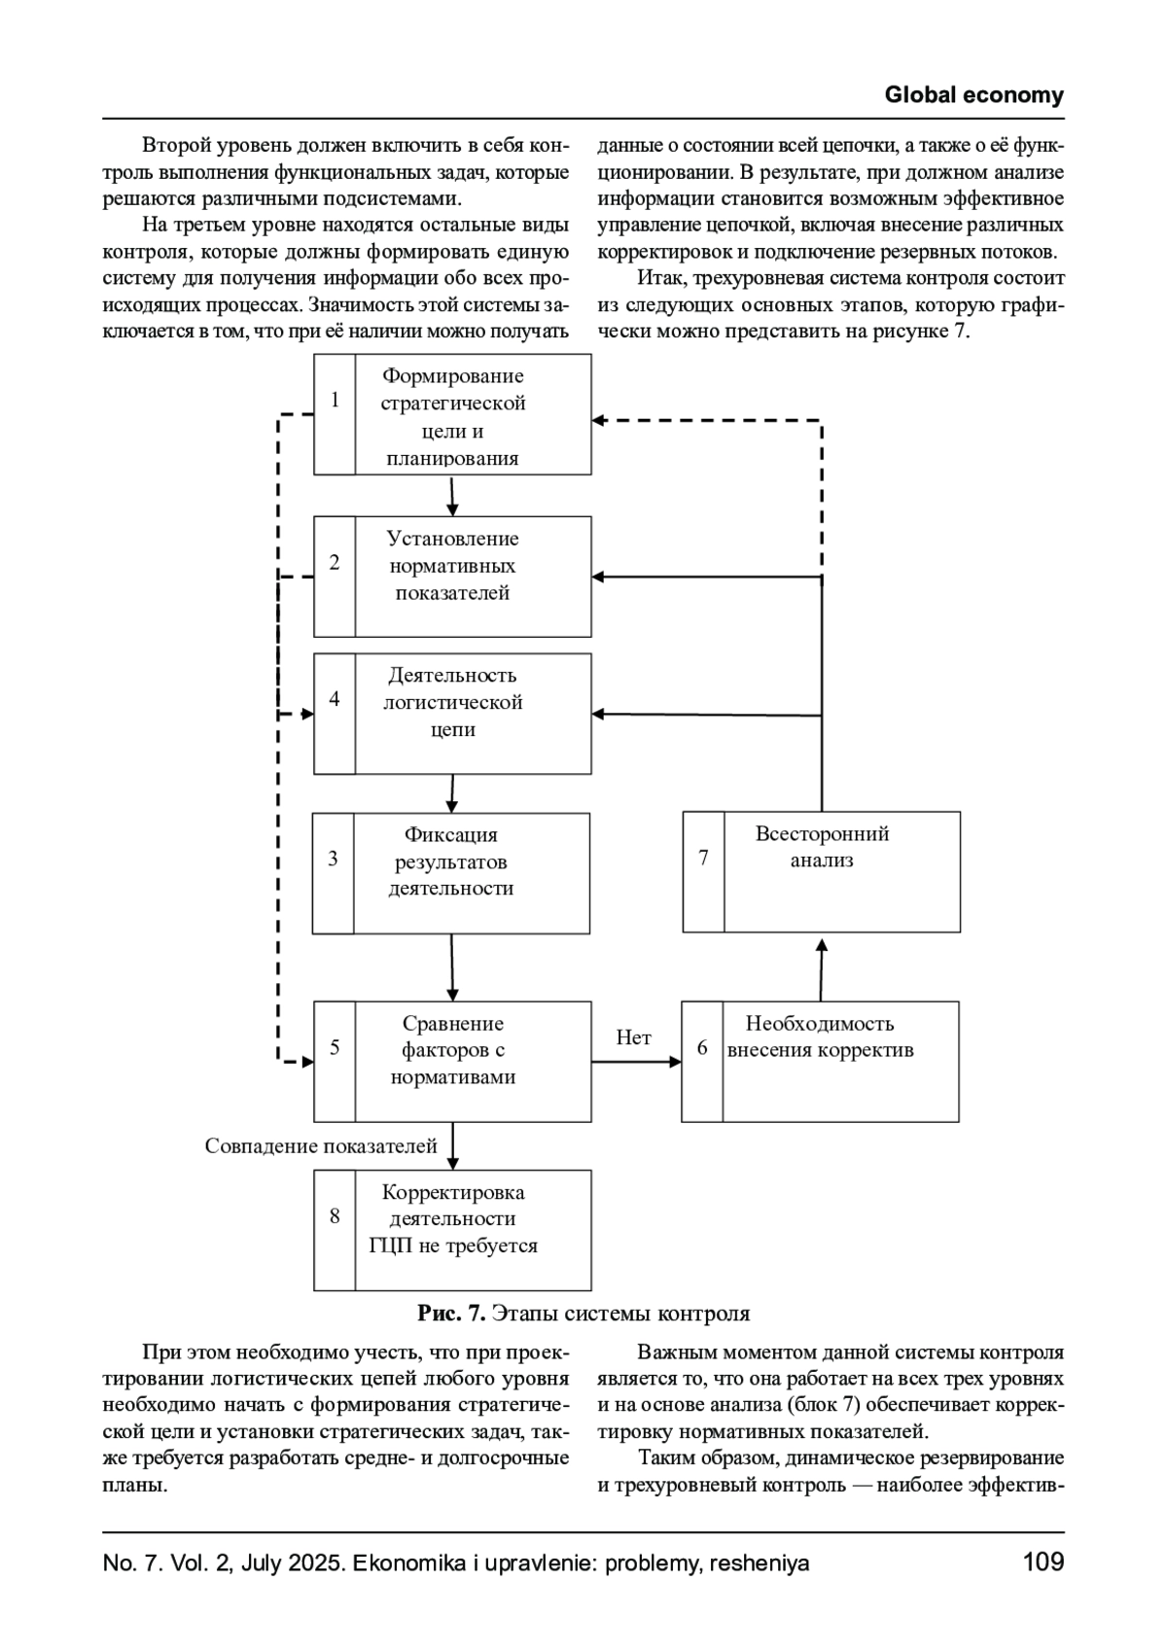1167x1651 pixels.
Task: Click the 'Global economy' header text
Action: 973,95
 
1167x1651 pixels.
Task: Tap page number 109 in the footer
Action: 1043,1563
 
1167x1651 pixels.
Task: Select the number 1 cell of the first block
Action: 335,401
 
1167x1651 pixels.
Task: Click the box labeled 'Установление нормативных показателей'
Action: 473,576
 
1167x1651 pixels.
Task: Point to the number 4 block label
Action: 335,699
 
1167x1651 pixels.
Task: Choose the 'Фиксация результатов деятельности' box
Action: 472,872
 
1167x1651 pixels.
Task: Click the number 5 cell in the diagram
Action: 335,1047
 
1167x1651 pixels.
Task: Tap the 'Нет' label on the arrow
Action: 633,1038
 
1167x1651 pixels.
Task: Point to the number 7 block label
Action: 703,858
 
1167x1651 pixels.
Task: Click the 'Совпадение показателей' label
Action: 321,1146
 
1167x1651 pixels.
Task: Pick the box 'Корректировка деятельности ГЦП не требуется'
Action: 473,1229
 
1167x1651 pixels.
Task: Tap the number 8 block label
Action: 335,1216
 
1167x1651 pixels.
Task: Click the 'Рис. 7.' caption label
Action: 451,1314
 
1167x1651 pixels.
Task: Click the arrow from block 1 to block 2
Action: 452,496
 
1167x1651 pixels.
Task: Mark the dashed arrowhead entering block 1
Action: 600,420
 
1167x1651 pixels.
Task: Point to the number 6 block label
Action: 702,1048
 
